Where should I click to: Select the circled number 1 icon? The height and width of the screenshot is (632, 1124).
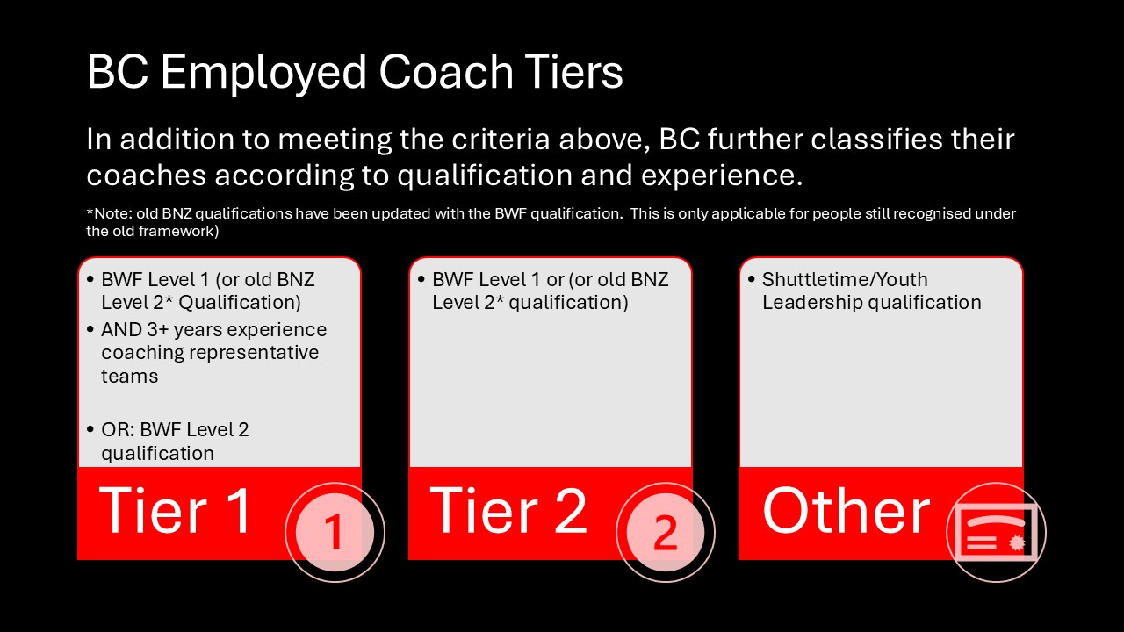[335, 532]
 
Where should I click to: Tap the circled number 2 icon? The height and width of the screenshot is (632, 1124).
[666, 532]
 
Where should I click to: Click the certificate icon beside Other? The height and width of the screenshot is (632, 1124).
[996, 532]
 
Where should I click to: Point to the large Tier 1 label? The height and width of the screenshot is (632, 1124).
[176, 511]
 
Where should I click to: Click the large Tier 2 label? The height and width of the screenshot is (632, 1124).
[508, 511]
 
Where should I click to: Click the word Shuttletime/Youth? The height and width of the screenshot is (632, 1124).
[845, 279]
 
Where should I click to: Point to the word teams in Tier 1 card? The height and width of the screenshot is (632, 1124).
[130, 377]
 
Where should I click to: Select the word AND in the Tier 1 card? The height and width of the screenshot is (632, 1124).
[121, 330]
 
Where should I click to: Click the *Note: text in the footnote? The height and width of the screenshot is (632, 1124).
[109, 213]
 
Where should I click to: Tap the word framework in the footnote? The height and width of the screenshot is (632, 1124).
[181, 232]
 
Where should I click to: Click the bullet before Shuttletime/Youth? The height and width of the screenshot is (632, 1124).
[751, 280]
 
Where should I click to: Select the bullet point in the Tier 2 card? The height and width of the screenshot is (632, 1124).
[421, 280]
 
